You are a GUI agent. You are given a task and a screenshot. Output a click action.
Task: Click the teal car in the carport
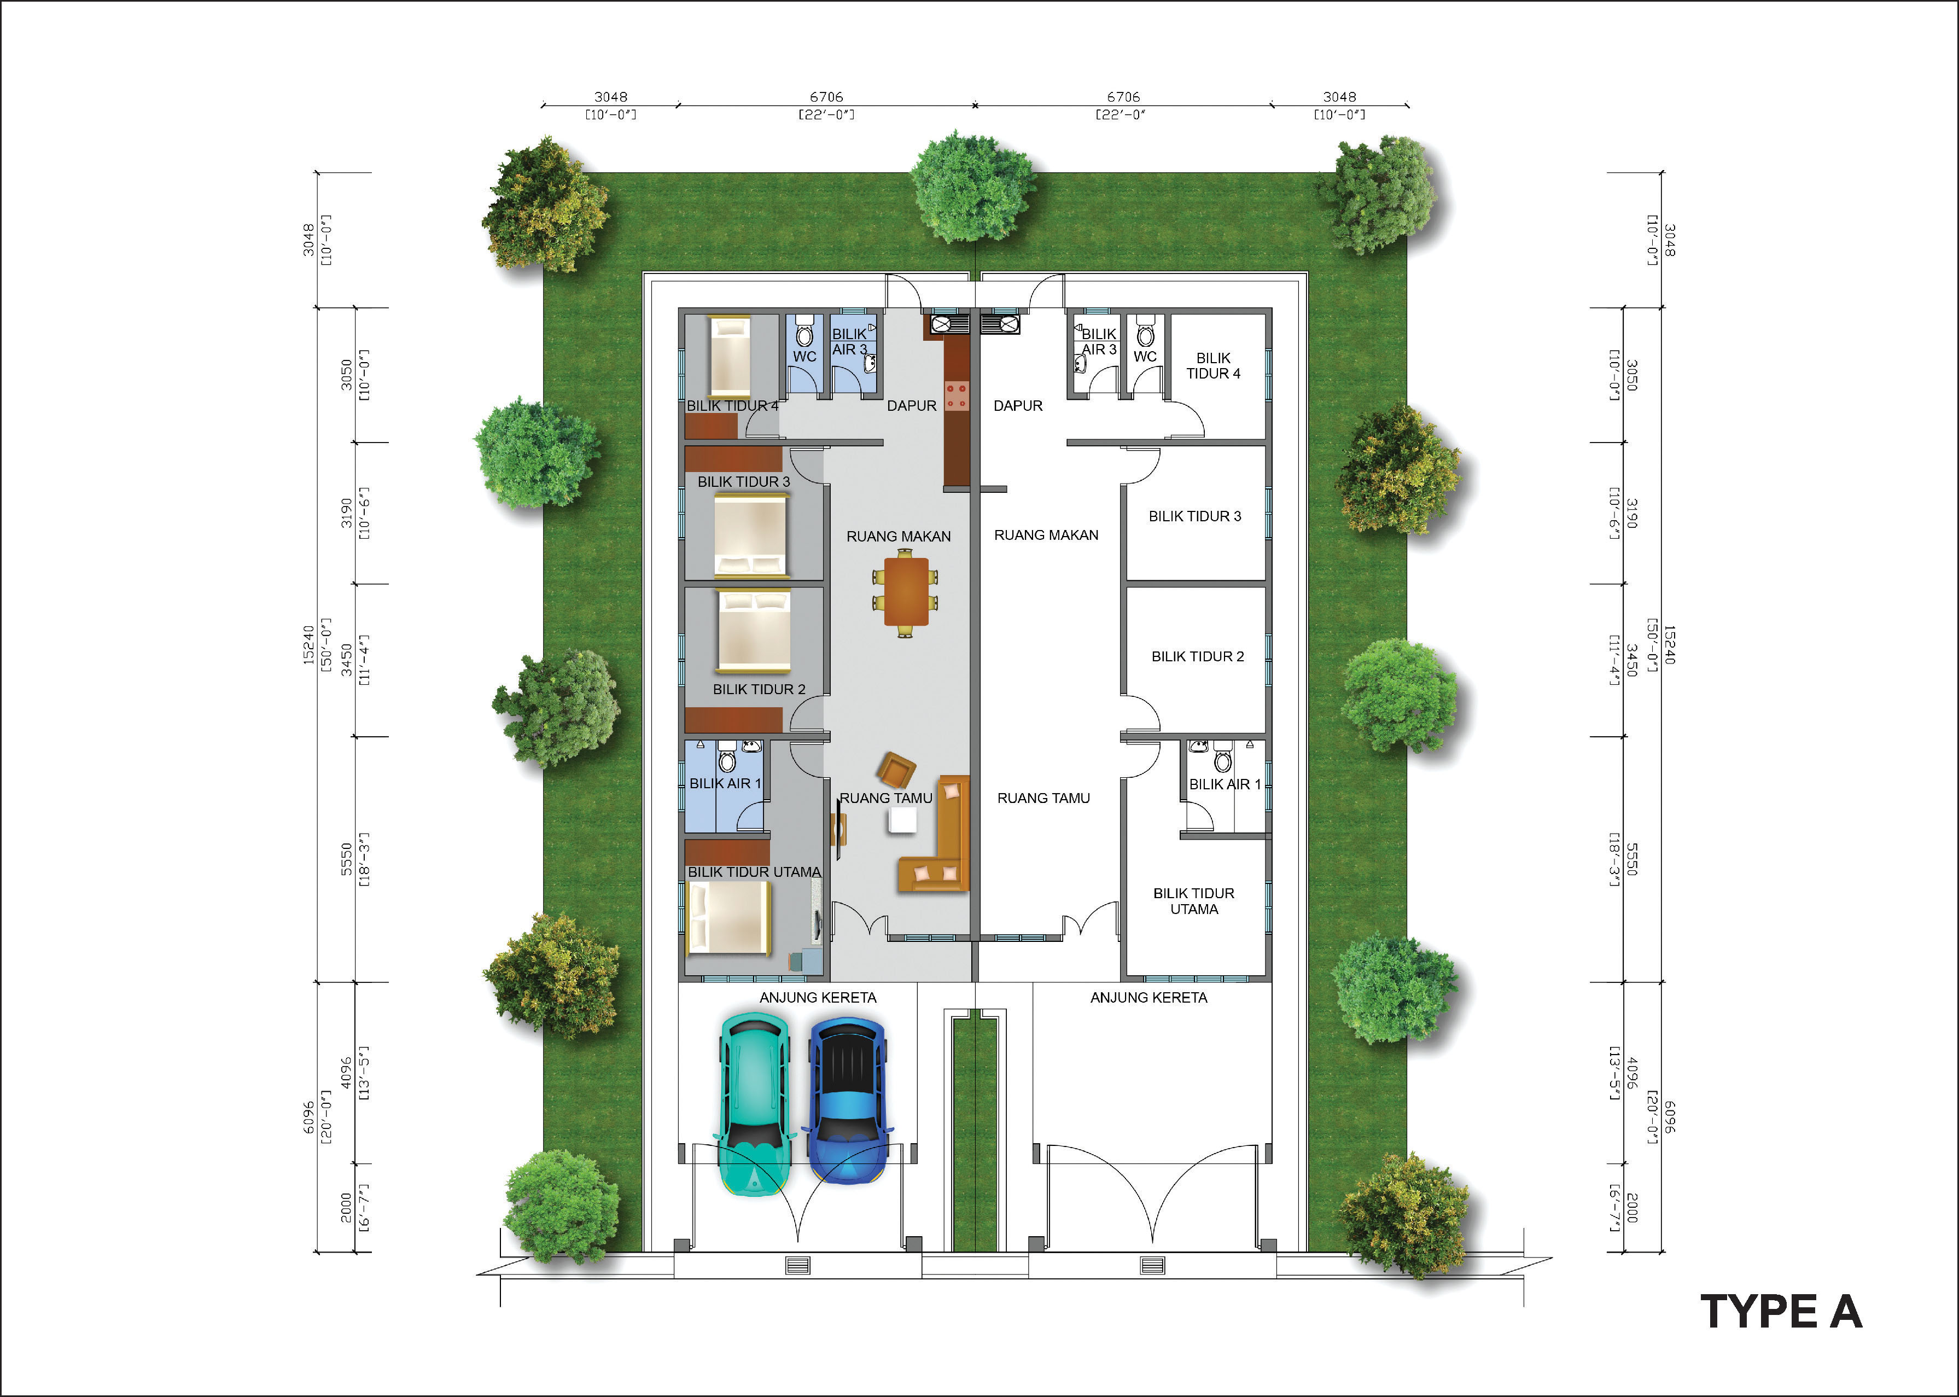[x=753, y=1104]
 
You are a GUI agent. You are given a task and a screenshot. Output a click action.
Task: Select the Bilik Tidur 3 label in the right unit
[x=1194, y=516]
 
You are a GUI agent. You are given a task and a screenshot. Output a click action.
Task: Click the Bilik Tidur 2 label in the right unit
[x=1197, y=656]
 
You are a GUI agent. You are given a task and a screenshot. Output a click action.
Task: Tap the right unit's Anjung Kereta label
[x=1148, y=998]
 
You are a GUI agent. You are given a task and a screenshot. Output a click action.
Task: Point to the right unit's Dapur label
[x=1017, y=405]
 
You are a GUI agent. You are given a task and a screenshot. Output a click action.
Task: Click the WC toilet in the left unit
[x=804, y=330]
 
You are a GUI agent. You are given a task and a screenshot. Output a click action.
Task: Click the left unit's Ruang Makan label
[x=899, y=537]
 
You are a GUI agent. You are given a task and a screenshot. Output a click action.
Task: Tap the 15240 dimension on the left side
[x=308, y=645]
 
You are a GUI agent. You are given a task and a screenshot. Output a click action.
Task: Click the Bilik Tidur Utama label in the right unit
[x=1194, y=901]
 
